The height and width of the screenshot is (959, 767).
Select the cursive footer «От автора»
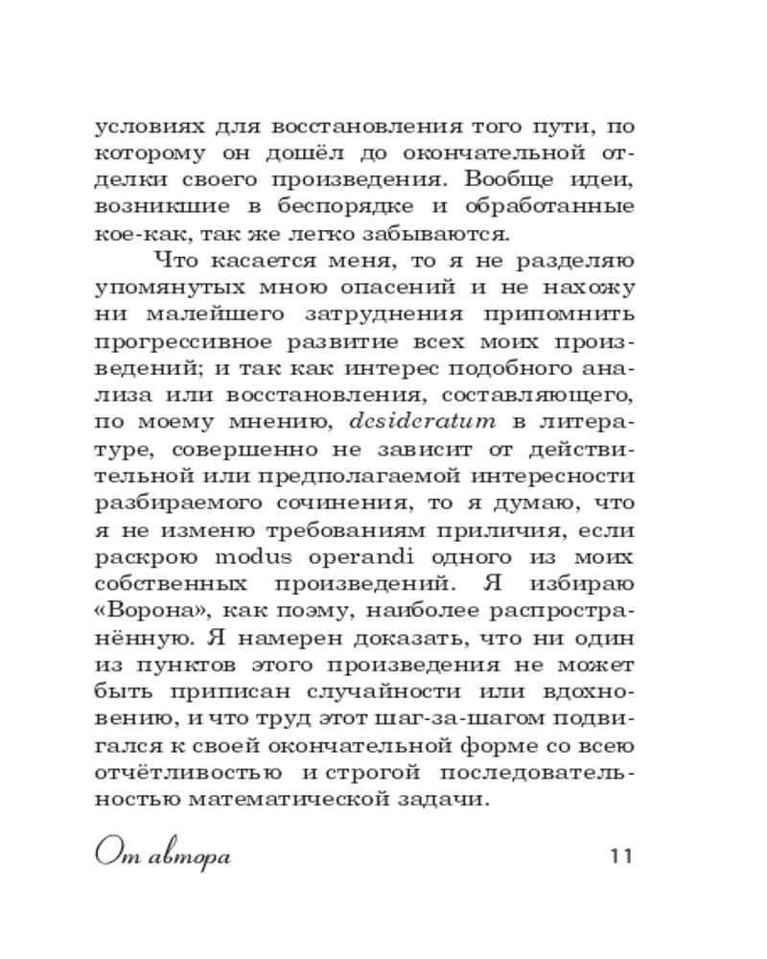pos(164,854)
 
